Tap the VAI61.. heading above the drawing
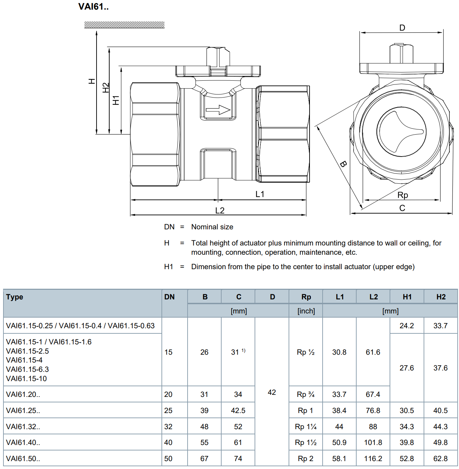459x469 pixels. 93,7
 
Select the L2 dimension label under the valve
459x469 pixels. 220,211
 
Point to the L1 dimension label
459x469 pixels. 260,194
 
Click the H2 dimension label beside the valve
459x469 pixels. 105,88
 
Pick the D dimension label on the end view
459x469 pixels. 402,28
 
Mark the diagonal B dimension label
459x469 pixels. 343,164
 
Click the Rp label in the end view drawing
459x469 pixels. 403,195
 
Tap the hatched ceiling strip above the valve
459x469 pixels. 124,25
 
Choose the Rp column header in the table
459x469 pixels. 306,297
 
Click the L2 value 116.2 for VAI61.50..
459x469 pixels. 373,458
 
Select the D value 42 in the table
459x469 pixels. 272,392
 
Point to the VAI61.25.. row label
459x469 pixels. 23,410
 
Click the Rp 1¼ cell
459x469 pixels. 305,426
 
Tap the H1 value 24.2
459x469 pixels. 407,325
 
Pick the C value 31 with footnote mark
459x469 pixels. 238,352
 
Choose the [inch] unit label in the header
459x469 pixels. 306,311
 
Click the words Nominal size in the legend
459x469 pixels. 212,227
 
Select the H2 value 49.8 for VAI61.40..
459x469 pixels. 440,442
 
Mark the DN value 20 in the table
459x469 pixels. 168,394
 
